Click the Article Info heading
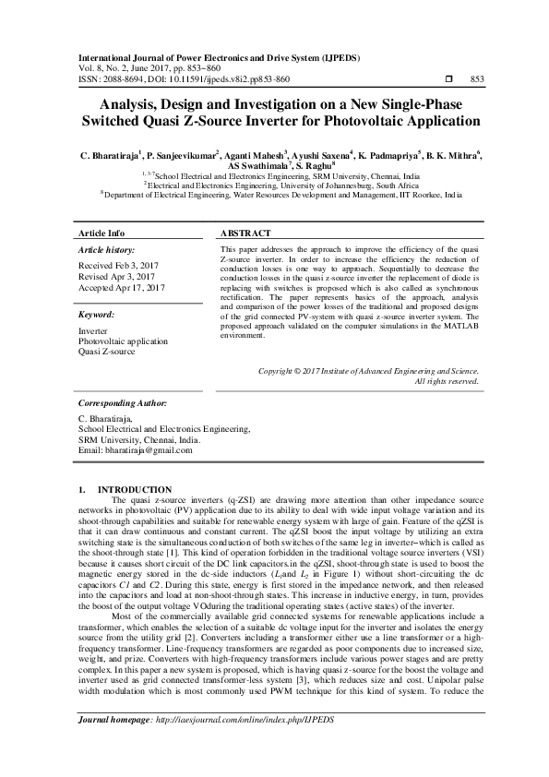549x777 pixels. click(101, 233)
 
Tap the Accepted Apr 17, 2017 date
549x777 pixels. click(122, 288)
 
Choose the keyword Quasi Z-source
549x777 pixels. click(106, 352)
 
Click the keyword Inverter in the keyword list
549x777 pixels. click(92, 329)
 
